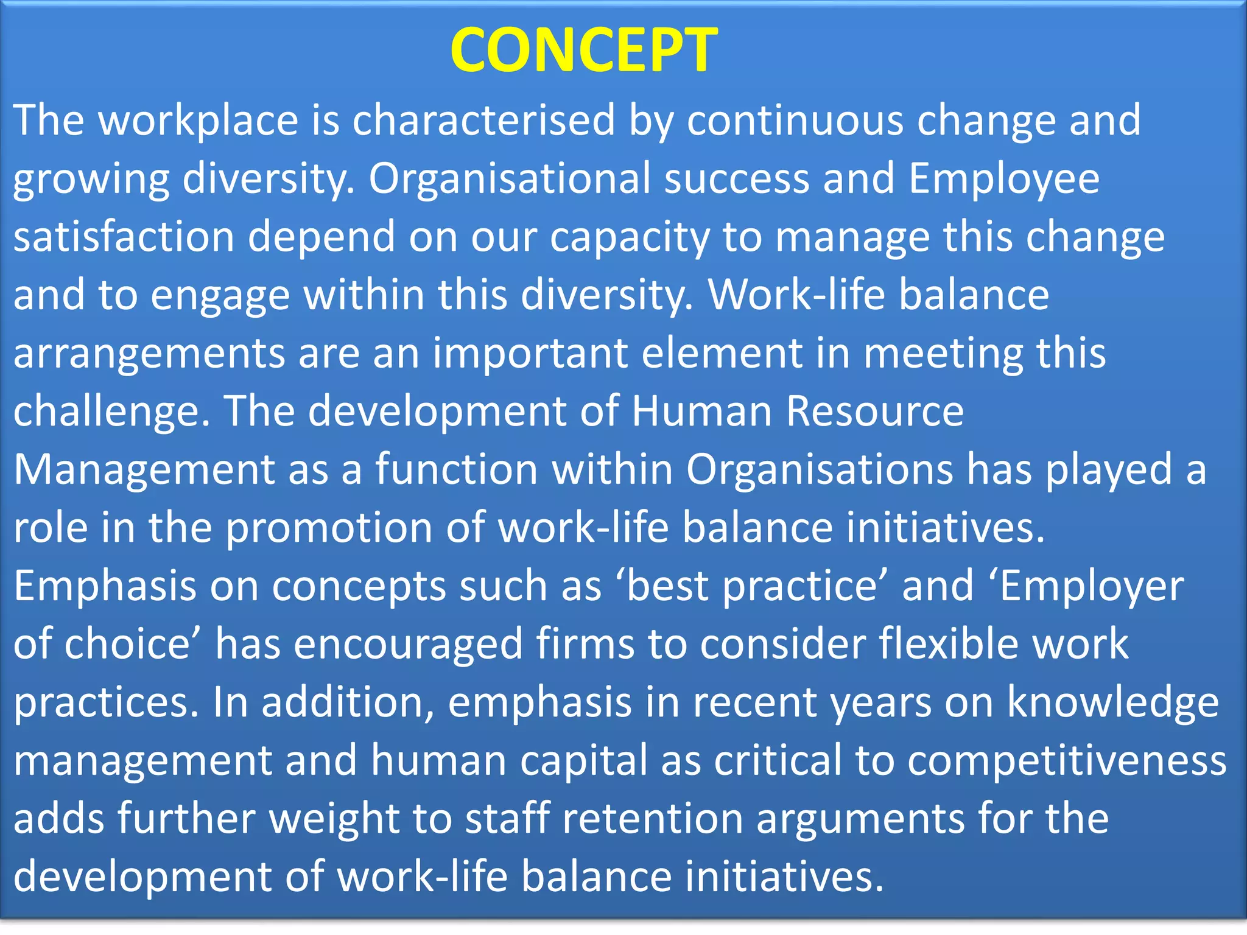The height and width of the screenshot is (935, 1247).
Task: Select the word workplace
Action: pyautogui.click(x=198, y=120)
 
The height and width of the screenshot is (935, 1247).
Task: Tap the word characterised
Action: pyautogui.click(x=484, y=120)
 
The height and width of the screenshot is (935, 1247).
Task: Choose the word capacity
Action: pyautogui.click(x=630, y=237)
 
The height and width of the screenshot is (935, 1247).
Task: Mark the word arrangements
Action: pyautogui.click(x=149, y=354)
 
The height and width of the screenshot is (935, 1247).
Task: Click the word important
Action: pyautogui.click(x=530, y=354)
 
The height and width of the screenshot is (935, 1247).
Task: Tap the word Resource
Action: pyautogui.click(x=875, y=411)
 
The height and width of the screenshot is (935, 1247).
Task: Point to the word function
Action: pyautogui.click(x=456, y=469)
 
